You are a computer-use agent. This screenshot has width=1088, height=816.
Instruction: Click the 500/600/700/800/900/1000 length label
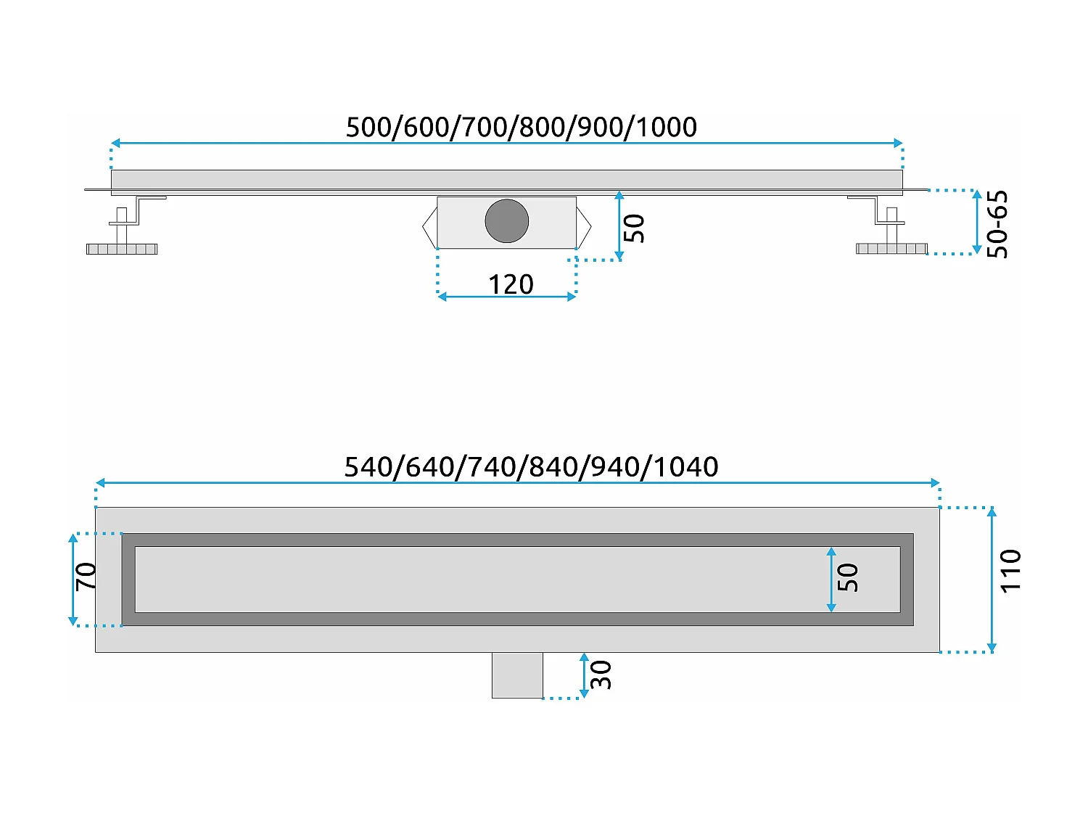pos(521,127)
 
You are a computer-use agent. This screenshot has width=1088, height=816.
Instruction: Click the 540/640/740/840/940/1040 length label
pos(531,466)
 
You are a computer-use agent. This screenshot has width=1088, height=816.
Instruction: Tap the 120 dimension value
pos(511,284)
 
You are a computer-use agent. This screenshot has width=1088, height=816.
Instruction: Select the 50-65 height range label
pos(998,224)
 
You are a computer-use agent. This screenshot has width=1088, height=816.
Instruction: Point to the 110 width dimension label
pos(1010,572)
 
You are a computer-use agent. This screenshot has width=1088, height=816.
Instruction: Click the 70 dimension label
pos(86,577)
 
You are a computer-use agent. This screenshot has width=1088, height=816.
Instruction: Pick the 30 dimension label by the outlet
pos(601,675)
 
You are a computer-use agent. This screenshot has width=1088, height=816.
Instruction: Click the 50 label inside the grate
pos(848,578)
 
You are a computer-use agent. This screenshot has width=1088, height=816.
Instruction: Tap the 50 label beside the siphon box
pos(634,228)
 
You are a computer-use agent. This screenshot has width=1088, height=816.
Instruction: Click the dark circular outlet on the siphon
pos(506,221)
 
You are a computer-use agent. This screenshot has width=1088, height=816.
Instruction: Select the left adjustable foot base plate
pos(122,249)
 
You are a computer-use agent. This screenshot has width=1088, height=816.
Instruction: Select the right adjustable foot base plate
pos(891,249)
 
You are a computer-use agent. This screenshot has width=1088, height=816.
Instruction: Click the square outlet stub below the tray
pos(517,675)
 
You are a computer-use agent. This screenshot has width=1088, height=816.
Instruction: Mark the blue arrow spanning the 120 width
pos(506,297)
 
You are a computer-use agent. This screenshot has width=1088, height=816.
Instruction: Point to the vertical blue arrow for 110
pos(992,580)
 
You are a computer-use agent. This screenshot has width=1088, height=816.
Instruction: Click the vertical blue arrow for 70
pos(73,579)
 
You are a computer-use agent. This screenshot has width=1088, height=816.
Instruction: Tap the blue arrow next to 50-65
pos(976,222)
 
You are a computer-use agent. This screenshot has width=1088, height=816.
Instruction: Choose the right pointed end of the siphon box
pos(584,226)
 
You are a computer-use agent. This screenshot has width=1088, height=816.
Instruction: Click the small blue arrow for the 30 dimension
pos(584,675)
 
